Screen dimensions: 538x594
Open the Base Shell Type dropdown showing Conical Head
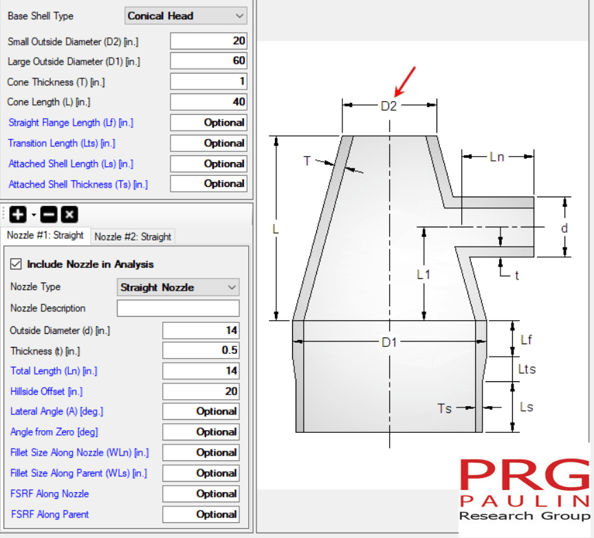coord(186,16)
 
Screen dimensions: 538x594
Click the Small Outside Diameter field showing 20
coord(208,41)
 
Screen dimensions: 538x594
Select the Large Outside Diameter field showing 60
coord(208,61)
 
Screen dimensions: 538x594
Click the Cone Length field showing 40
coord(208,102)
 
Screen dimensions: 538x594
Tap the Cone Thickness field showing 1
coord(208,82)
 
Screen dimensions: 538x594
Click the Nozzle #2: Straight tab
coord(133,236)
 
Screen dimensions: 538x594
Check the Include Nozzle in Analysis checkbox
coord(16,265)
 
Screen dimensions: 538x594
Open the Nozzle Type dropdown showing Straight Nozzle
coord(178,287)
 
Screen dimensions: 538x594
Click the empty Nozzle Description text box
coord(178,309)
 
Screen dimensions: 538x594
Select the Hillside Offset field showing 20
coord(201,392)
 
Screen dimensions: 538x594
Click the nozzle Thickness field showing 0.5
coord(201,350)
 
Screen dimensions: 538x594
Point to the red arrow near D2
coord(405,80)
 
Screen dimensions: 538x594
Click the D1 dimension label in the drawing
coord(389,342)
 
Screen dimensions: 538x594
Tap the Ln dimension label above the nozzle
coord(497,157)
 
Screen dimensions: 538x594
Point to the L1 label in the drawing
coord(424,274)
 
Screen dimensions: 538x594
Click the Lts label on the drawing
coord(527,370)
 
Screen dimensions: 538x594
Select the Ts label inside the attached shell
coord(445,408)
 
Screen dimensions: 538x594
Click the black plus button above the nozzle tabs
coord(18,214)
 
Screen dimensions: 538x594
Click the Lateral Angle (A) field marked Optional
coord(201,412)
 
